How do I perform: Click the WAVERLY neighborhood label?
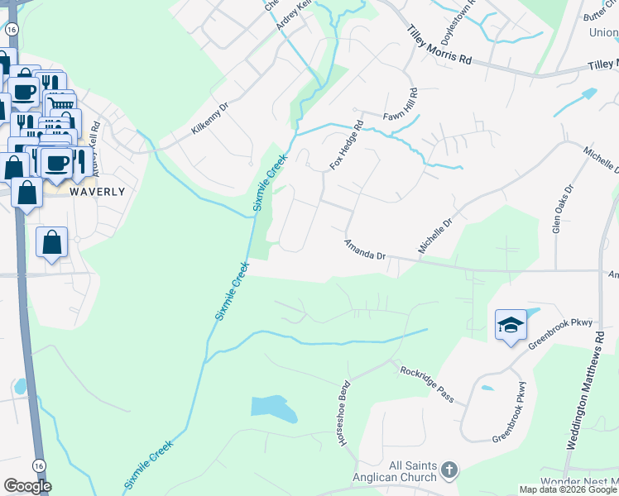pyautogui.click(x=97, y=191)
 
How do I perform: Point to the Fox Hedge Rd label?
pyautogui.click(x=347, y=146)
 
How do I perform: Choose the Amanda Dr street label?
pyautogui.click(x=365, y=250)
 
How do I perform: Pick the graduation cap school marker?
pyautogui.click(x=510, y=324)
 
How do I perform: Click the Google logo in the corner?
pyautogui.click(x=26, y=486)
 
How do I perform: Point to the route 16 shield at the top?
pyautogui.click(x=11, y=28)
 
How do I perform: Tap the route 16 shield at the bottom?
pyautogui.click(x=39, y=466)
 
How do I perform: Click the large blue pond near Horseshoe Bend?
pyautogui.click(x=274, y=408)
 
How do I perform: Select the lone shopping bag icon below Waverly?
pyautogui.click(x=51, y=243)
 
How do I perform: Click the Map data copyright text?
pyautogui.click(x=568, y=489)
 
